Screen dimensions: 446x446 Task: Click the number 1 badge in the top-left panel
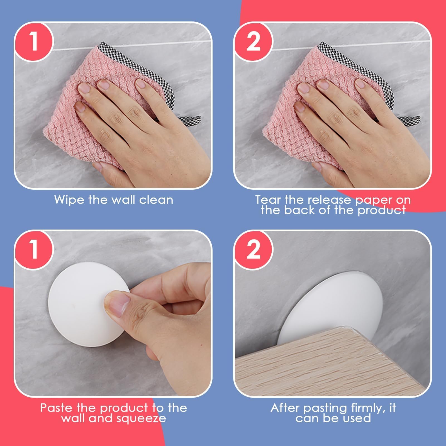pos(33,42)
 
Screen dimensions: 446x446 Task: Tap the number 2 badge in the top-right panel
pos(253,42)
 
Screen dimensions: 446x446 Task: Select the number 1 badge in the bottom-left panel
pos(33,249)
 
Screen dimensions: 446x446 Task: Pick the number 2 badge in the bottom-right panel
pos(253,249)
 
